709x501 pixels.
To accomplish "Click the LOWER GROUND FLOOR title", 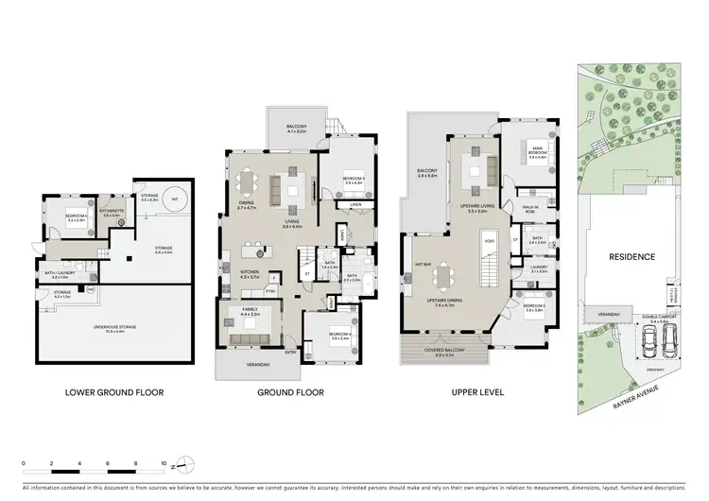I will [x=113, y=391].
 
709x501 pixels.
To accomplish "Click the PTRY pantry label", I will [x=270, y=291].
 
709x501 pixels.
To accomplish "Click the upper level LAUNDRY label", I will [x=539, y=268].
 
